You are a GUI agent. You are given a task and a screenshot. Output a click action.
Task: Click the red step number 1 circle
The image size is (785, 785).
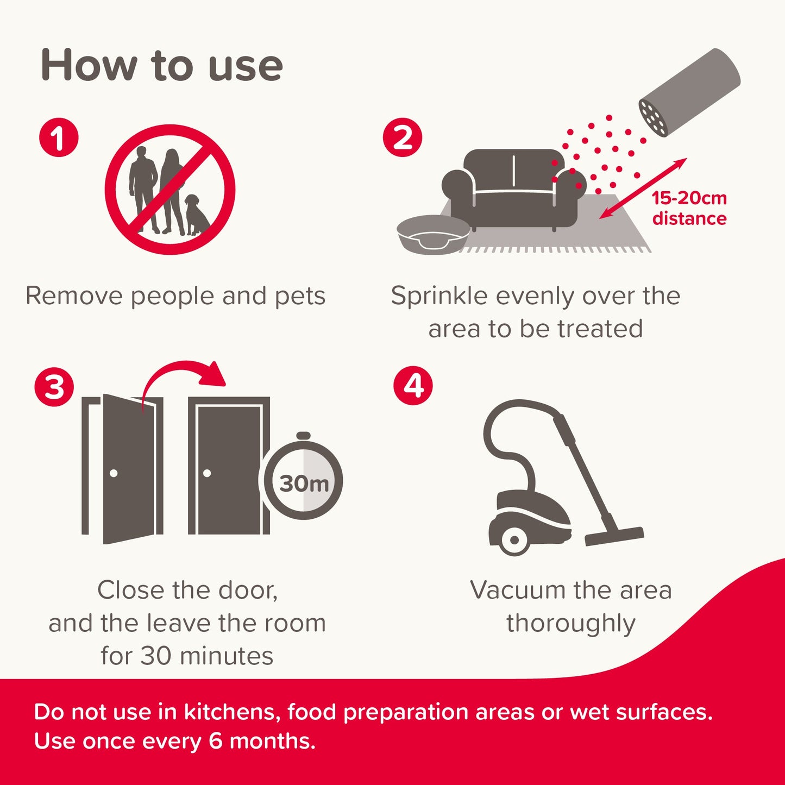59,137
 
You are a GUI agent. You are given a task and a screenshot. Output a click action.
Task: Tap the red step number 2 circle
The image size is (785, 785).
403,137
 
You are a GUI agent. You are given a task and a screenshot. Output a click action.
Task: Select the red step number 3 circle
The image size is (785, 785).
54,388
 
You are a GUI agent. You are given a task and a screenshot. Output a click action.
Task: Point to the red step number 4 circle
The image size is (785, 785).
413,386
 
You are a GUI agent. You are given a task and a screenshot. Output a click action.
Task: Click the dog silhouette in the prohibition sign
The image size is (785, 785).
197,216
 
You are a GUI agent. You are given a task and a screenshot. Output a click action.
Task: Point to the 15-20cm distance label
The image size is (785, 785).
689,208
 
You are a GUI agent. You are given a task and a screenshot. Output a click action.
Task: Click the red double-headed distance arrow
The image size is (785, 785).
643,188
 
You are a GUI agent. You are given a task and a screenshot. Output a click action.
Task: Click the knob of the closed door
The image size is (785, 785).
207,473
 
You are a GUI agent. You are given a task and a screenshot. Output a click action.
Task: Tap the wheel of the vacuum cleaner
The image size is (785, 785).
513,540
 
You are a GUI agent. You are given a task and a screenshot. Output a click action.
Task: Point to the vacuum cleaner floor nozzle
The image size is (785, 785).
614,536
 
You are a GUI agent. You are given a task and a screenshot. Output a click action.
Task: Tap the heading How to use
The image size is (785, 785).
162,65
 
